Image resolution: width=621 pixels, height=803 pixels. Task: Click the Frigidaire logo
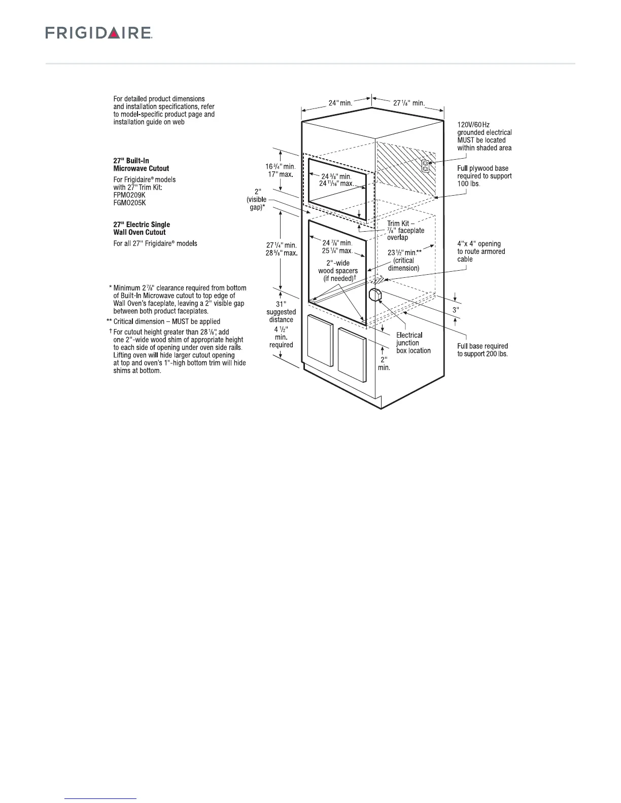coord(99,33)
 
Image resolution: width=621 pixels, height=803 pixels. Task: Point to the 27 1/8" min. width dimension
coord(409,103)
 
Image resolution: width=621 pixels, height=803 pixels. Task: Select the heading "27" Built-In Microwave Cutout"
coord(141,164)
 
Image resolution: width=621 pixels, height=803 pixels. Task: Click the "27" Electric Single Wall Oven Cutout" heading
coord(142,228)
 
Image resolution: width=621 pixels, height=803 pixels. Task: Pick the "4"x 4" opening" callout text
coord(479,244)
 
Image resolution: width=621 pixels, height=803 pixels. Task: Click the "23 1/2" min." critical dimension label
coord(405,252)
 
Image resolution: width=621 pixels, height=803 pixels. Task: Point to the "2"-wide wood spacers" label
coord(338,271)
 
